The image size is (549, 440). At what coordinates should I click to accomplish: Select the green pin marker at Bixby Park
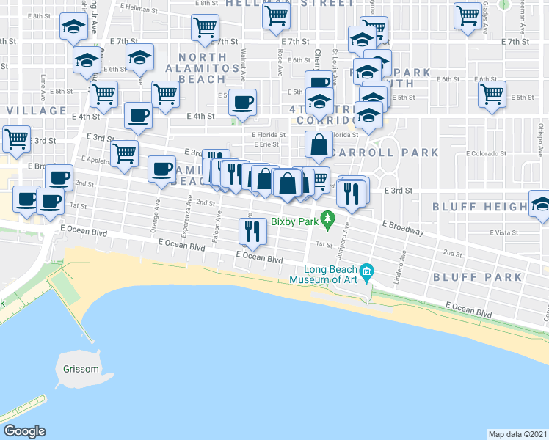(329, 218)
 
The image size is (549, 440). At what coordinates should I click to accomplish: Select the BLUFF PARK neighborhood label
(477, 277)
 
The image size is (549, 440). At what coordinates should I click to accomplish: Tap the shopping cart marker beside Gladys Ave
(468, 15)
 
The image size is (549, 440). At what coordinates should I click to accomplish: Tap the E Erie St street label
(256, 144)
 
